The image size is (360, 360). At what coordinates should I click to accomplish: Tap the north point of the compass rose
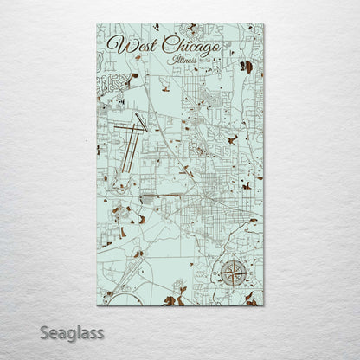click(x=232, y=260)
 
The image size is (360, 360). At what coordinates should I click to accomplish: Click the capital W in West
click(x=112, y=45)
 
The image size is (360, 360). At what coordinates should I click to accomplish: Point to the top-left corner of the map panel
click(x=97, y=25)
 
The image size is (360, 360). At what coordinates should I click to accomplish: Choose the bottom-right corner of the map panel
click(x=264, y=305)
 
